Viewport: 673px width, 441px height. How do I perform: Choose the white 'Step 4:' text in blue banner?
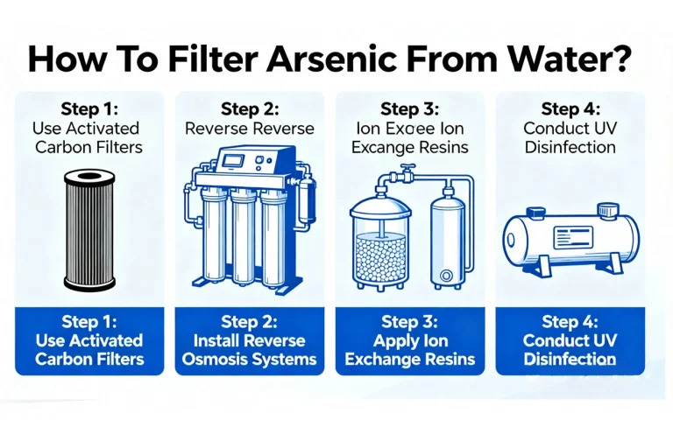pos(569,322)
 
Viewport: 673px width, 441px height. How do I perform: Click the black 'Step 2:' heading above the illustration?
pos(251,108)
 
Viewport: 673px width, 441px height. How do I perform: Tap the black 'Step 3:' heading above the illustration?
pos(410,108)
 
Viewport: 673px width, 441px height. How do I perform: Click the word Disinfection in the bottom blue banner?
pos(569,359)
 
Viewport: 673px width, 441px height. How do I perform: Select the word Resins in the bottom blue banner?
pos(447,359)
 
